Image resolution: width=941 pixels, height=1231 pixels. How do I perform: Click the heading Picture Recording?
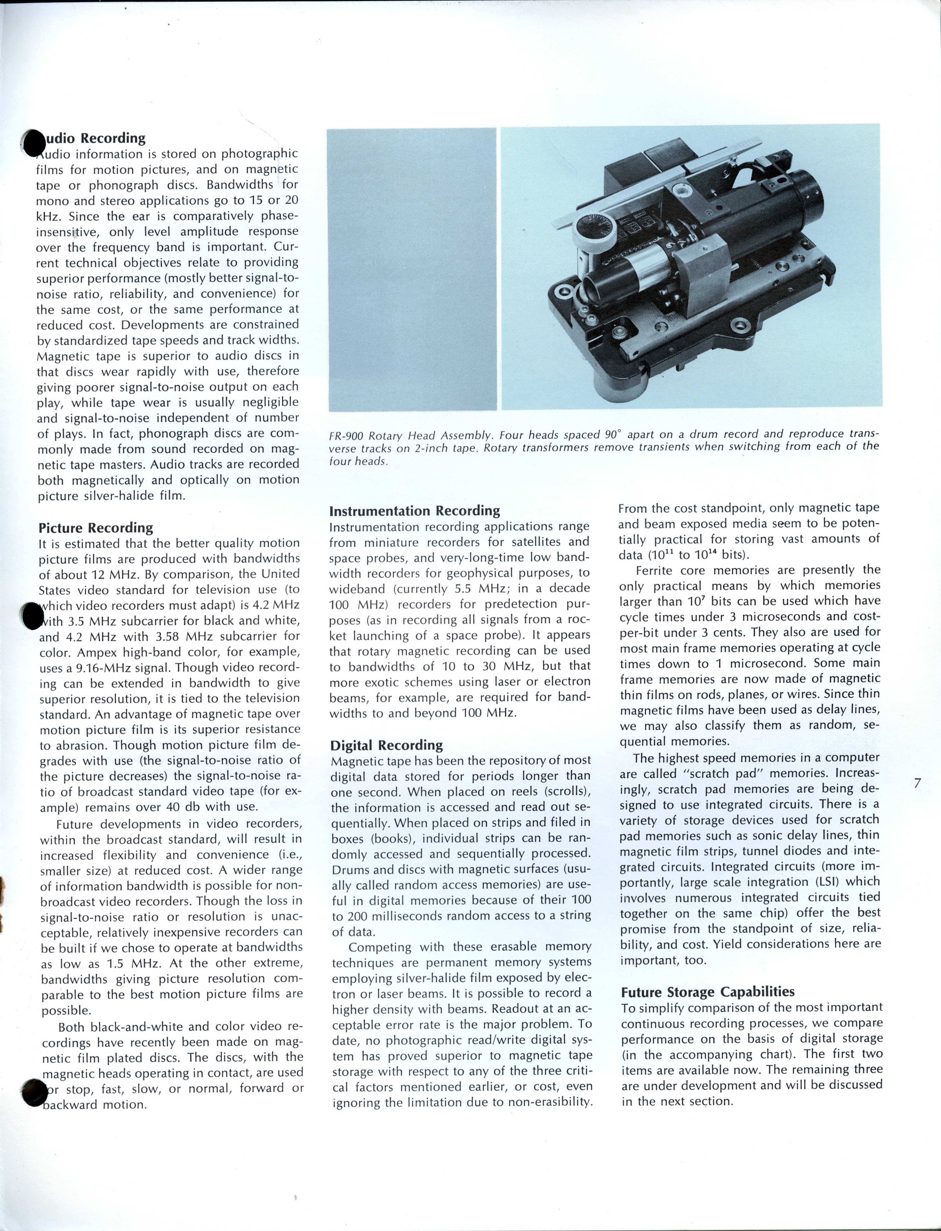point(96,528)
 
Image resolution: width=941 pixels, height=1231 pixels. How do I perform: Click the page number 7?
point(917,783)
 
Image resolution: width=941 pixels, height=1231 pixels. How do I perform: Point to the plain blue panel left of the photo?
point(412,269)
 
